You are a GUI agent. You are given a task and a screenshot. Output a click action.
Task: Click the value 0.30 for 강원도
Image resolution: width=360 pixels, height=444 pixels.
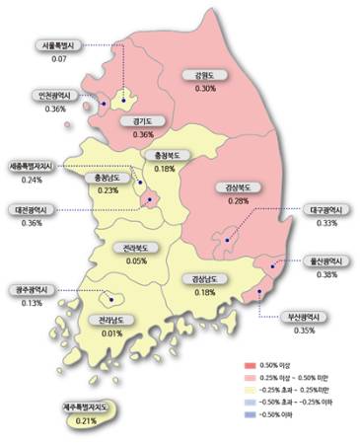point(205,89)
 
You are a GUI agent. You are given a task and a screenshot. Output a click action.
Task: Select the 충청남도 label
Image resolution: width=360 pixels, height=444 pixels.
point(108,178)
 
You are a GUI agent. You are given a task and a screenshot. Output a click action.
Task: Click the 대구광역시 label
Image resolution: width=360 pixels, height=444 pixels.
point(300,209)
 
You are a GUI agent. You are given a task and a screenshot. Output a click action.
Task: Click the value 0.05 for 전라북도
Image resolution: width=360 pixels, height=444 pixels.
point(137,260)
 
